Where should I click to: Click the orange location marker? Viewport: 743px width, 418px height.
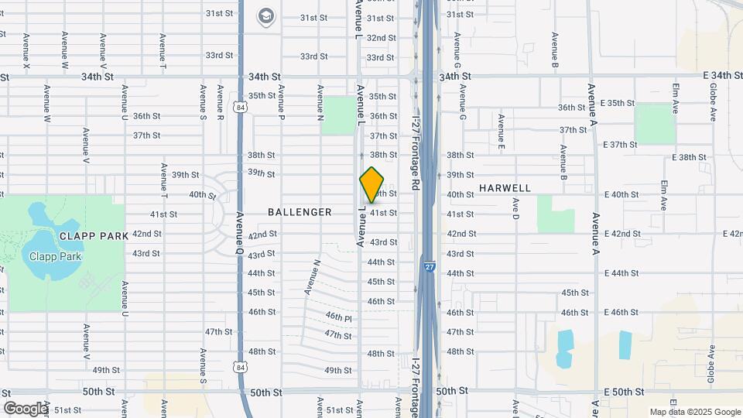tap(372, 185)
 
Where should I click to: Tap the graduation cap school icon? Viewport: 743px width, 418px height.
tap(266, 16)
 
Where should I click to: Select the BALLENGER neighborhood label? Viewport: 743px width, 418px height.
tap(300, 212)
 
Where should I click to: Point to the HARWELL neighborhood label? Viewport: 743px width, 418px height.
tap(505, 188)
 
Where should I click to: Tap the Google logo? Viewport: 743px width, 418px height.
tap(26, 408)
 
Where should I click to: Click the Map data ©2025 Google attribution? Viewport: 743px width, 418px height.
tap(694, 412)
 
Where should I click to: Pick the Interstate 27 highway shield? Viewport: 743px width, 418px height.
tap(429, 266)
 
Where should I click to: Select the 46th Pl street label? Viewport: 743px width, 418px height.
tap(339, 317)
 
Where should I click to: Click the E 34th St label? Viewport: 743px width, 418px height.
tap(710, 75)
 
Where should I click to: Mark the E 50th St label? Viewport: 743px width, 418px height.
tap(625, 392)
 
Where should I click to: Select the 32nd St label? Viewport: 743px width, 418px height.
tap(381, 37)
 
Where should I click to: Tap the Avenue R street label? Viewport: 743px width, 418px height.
tap(221, 101)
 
